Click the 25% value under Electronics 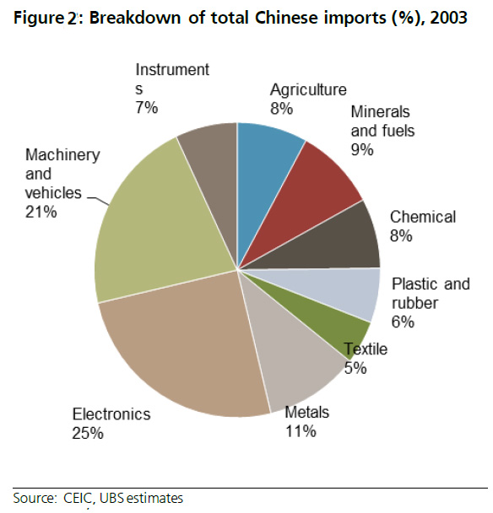(88, 433)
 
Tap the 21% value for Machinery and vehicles (41, 212)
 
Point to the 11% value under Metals (300, 431)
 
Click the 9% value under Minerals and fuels (362, 150)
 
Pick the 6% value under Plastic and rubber (403, 321)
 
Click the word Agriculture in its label (308, 90)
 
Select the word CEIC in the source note (73, 497)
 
